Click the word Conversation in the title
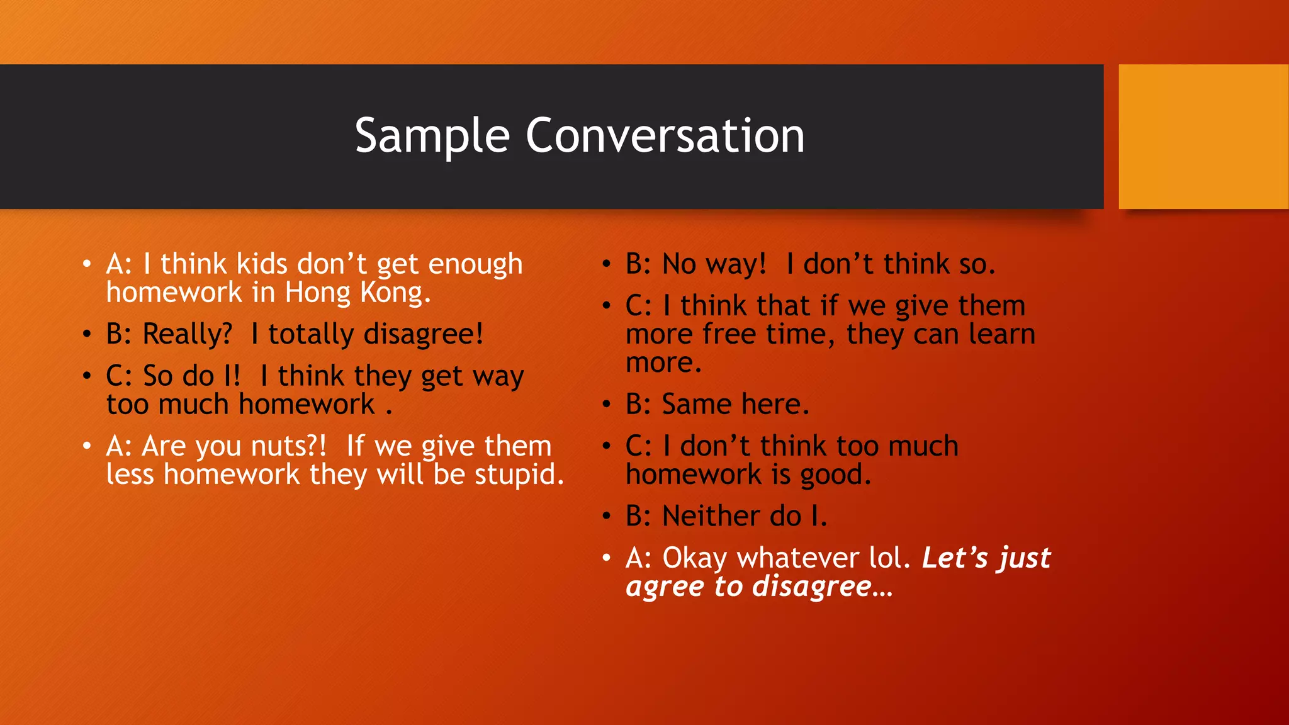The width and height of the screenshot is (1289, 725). [665, 136]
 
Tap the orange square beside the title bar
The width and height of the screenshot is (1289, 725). [1203, 137]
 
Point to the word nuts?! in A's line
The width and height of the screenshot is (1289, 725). [289, 446]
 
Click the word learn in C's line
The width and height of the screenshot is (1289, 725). [1001, 334]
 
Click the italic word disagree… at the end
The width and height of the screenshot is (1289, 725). [821, 587]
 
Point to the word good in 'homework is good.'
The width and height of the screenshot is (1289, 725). [835, 475]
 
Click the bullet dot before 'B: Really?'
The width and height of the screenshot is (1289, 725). [87, 334]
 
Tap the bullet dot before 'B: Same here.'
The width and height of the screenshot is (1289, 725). [606, 404]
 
